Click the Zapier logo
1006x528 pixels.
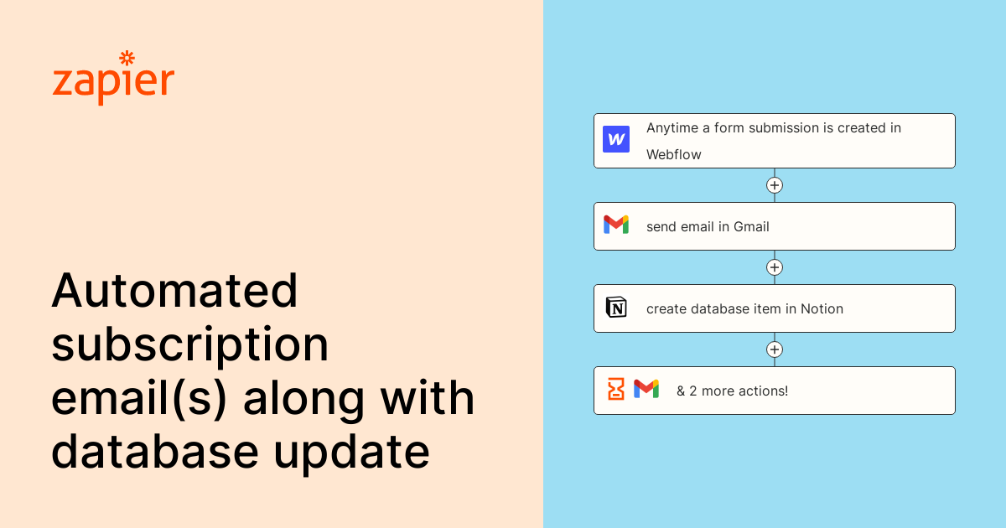[113, 80]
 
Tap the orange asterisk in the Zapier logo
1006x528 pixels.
[127, 58]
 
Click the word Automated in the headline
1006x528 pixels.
[174, 291]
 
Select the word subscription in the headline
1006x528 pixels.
[190, 344]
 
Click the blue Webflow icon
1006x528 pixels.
[616, 139]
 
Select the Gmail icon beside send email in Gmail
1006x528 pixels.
[616, 225]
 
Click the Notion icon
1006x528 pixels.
[616, 308]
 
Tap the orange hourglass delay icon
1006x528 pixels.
[616, 389]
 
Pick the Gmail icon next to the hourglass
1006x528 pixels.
[646, 389]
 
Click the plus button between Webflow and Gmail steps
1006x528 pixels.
[775, 185]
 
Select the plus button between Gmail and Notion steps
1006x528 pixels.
[775, 267]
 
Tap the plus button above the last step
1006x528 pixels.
[775, 349]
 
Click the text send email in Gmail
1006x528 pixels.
[708, 226]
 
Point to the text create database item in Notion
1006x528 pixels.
[744, 308]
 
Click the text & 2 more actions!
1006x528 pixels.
[733, 391]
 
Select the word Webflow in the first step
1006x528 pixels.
[673, 154]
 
